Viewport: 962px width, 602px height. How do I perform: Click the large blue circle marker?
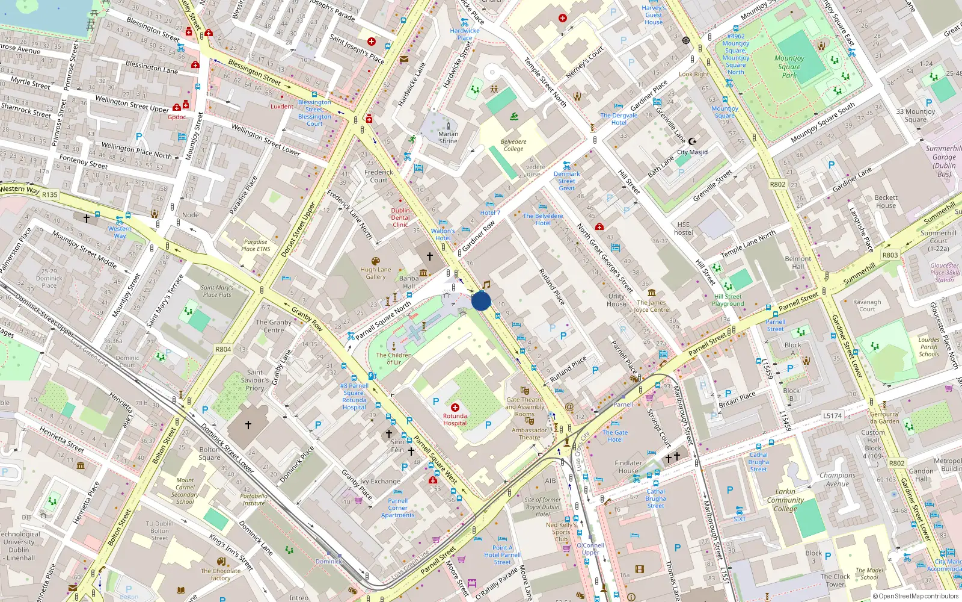pyautogui.click(x=481, y=301)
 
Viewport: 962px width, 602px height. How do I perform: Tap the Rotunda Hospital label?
pyautogui.click(x=455, y=419)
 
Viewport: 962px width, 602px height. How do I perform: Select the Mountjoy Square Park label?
pyautogui.click(x=789, y=67)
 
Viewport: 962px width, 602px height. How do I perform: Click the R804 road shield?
pyautogui.click(x=223, y=349)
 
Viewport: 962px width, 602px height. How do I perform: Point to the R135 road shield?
pyautogui.click(x=50, y=194)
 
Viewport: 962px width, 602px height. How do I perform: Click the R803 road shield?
pyautogui.click(x=890, y=255)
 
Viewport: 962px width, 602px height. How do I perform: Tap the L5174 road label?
pyautogui.click(x=832, y=416)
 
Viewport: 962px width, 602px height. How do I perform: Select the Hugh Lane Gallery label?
pyautogui.click(x=376, y=273)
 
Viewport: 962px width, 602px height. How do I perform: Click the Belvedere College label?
pyautogui.click(x=513, y=145)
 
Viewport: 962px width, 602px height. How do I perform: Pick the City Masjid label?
pyautogui.click(x=692, y=152)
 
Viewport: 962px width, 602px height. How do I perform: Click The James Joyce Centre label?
pyautogui.click(x=651, y=306)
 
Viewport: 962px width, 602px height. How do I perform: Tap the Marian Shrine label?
pyautogui.click(x=448, y=137)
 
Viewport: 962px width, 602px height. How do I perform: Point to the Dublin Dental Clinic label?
pyautogui.click(x=400, y=217)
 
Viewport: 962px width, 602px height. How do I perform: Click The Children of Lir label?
pyautogui.click(x=394, y=359)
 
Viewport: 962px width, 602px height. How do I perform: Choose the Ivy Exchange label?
pyautogui.click(x=380, y=481)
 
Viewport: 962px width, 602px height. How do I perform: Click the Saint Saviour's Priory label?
pyautogui.click(x=255, y=380)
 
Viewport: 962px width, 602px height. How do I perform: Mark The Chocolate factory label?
pyautogui.click(x=221, y=574)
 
